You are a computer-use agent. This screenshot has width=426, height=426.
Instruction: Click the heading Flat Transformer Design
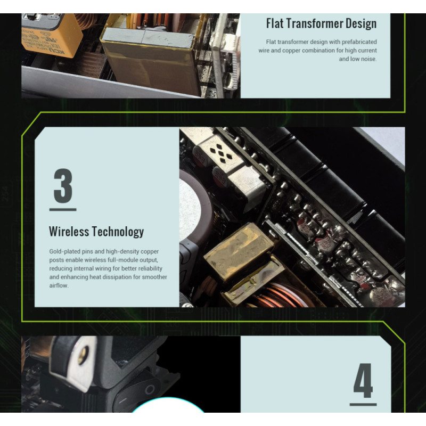(x=321, y=23)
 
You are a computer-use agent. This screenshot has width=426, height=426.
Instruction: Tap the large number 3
(x=63, y=186)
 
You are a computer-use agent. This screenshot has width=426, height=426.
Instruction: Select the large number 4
(x=363, y=381)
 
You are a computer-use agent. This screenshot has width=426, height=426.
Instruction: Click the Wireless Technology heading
(x=96, y=232)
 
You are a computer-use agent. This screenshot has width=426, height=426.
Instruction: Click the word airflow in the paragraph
(x=58, y=285)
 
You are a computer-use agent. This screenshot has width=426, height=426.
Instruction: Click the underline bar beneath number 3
(x=63, y=209)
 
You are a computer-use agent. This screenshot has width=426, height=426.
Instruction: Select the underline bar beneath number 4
(x=363, y=405)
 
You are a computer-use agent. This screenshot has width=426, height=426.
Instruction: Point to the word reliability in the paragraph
(x=150, y=268)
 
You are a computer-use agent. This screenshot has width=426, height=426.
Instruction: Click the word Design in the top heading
(x=361, y=23)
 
